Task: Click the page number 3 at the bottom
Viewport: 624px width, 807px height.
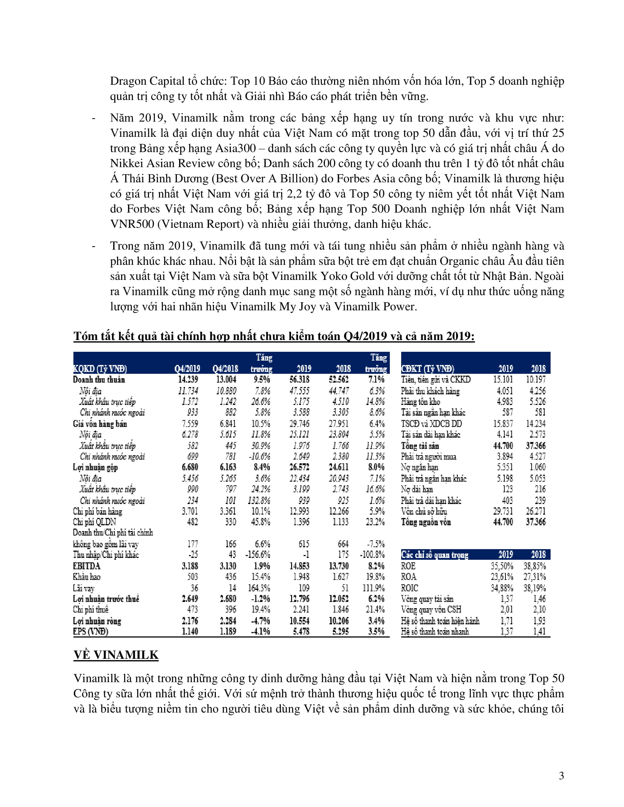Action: (x=561, y=775)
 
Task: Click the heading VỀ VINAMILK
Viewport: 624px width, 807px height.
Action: (x=116, y=655)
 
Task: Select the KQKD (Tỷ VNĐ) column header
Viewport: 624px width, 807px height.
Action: (x=100, y=368)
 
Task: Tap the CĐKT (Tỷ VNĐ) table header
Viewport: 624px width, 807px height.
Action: (x=428, y=368)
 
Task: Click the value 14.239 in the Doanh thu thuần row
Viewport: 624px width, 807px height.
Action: (x=188, y=380)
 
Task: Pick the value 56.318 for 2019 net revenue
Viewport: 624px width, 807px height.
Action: (x=299, y=380)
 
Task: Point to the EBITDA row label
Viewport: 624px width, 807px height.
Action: (x=87, y=566)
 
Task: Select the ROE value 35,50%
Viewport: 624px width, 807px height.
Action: (x=502, y=566)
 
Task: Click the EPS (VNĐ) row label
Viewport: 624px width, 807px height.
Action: (x=91, y=632)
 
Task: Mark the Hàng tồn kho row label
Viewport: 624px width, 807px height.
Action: (x=420, y=402)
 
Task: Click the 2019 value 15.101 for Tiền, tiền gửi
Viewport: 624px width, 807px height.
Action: (x=503, y=380)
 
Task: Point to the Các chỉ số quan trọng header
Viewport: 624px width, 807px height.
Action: (x=435, y=555)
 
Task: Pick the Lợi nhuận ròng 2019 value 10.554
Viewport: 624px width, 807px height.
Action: (x=299, y=621)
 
